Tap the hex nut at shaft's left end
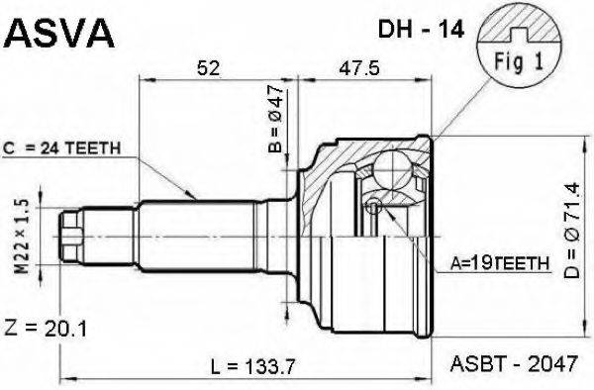[x=71, y=234]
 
